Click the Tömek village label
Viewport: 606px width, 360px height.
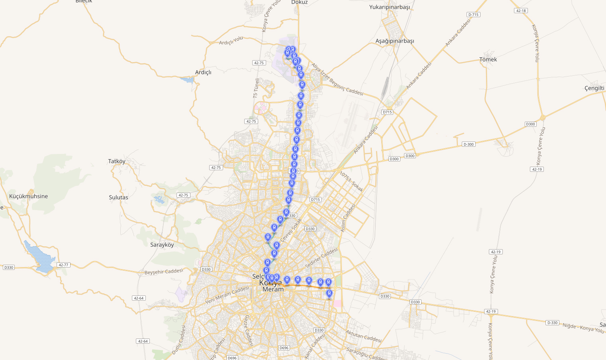pyautogui.click(x=488, y=59)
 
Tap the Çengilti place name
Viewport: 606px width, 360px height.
pyautogui.click(x=594, y=88)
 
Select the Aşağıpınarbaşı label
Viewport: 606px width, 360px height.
pyautogui.click(x=394, y=41)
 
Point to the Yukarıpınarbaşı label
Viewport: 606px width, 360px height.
pyautogui.click(x=389, y=7)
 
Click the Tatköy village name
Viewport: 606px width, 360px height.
pyautogui.click(x=117, y=161)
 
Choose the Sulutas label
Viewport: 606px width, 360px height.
pyautogui.click(x=119, y=197)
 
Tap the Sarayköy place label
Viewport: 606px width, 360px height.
pyautogui.click(x=162, y=245)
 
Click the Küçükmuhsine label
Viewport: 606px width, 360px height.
pyautogui.click(x=29, y=196)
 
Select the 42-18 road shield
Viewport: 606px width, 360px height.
pyautogui.click(x=521, y=11)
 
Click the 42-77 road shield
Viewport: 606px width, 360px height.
pyautogui.click(x=63, y=265)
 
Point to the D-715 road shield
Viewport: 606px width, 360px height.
pyautogui.click(x=473, y=15)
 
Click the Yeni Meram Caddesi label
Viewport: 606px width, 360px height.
pyautogui.click(x=227, y=295)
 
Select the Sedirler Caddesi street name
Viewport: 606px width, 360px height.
pyautogui.click(x=321, y=258)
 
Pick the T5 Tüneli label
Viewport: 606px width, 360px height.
pyautogui.click(x=256, y=88)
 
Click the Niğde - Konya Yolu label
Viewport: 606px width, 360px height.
pyautogui.click(x=583, y=328)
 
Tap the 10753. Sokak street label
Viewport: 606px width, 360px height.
pyautogui.click(x=351, y=181)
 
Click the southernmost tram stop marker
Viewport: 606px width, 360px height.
pyautogui.click(x=329, y=294)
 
